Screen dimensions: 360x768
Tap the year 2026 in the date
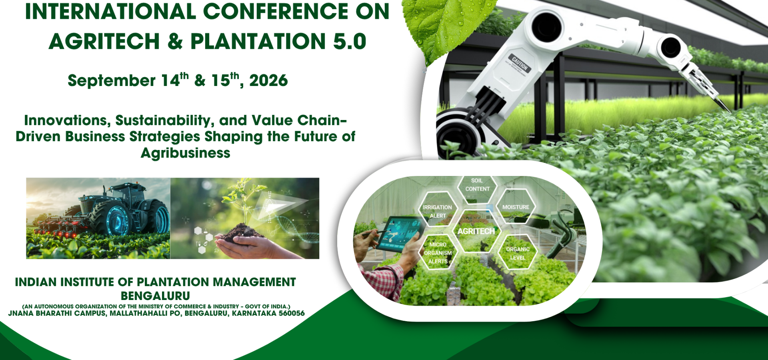(268, 81)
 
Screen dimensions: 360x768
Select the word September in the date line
(111, 81)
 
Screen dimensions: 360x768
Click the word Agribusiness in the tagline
(185, 153)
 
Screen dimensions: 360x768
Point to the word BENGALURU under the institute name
(155, 296)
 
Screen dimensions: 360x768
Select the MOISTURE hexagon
(515, 207)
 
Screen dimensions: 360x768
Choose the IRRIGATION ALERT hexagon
(437, 211)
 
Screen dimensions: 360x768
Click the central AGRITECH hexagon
(476, 231)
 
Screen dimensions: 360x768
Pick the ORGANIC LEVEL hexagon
(518, 253)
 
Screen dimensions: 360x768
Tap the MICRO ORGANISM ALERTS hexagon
(438, 253)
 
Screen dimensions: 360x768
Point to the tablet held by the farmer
(398, 234)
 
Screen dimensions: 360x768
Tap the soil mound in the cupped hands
(240, 232)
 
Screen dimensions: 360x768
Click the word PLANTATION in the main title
(258, 42)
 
